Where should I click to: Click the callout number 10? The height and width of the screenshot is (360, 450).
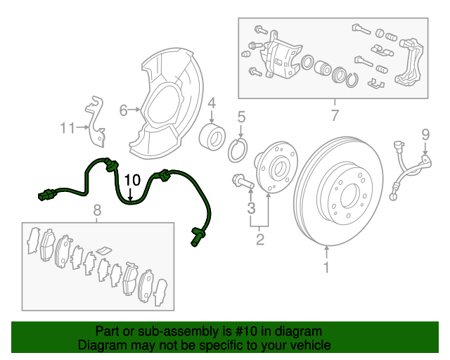132,180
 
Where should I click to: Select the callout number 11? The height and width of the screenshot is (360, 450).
67,128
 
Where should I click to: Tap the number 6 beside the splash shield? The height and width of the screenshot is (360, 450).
123,110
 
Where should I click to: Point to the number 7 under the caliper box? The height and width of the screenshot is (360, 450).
335,115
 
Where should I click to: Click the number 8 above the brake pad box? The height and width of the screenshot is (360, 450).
97,210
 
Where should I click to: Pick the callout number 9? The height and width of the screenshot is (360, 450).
425,134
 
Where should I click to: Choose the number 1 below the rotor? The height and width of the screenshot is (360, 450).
326,267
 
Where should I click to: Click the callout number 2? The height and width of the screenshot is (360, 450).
259,239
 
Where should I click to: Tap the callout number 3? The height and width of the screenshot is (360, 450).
251,208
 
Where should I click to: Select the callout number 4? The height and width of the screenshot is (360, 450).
212,103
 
